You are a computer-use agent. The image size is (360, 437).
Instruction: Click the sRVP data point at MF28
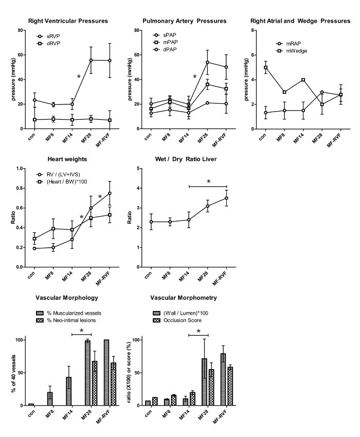pyautogui.click(x=91, y=60)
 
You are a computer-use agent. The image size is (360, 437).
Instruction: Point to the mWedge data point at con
pyautogui.click(x=266, y=67)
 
